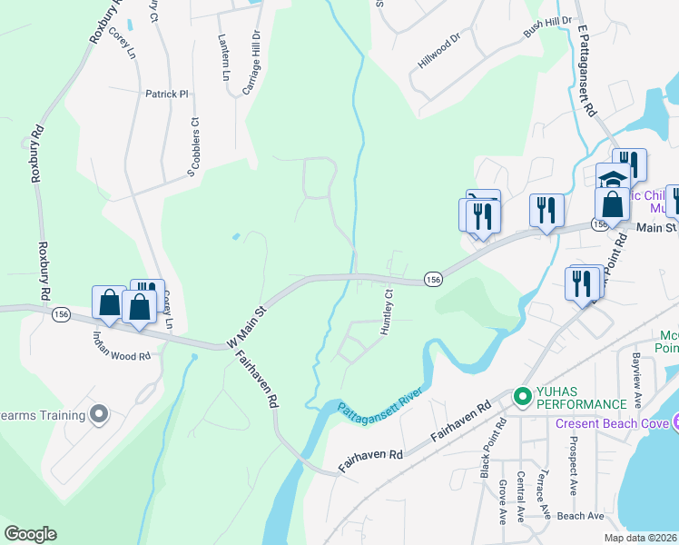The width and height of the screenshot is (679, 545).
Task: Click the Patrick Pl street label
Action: (x=166, y=94)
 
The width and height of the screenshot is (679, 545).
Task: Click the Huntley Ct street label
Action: (x=389, y=312)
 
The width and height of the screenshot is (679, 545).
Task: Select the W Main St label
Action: (x=248, y=325)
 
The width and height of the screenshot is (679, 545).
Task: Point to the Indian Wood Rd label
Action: (x=121, y=345)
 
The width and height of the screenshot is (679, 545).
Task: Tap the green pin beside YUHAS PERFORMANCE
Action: (x=522, y=395)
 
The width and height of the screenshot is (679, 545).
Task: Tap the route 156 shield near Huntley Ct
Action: (x=433, y=281)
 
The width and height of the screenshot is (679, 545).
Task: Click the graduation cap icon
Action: (x=613, y=179)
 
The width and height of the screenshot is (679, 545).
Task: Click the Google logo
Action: (x=30, y=534)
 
